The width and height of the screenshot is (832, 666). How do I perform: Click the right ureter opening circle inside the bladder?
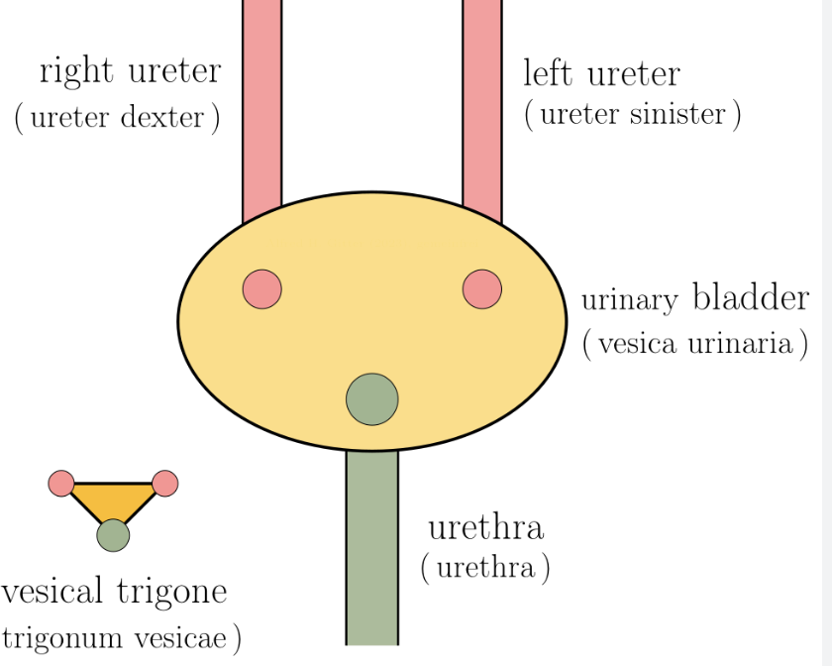262,288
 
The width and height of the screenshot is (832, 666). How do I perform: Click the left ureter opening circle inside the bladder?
482,288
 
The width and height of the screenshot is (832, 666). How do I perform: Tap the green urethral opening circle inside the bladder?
372,399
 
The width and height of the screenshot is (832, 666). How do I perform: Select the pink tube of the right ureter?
262,99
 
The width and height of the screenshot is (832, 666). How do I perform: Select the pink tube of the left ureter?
482,99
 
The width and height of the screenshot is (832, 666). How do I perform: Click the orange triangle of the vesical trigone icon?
112,499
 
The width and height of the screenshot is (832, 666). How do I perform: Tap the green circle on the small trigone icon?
113,535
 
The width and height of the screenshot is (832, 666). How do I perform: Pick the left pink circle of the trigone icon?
61,484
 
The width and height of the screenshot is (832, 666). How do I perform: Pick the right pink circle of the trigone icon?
164,484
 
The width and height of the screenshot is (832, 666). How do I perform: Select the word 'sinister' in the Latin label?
680,114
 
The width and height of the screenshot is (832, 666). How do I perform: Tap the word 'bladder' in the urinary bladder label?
750,297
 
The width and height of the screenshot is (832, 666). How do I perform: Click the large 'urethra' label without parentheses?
485,526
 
